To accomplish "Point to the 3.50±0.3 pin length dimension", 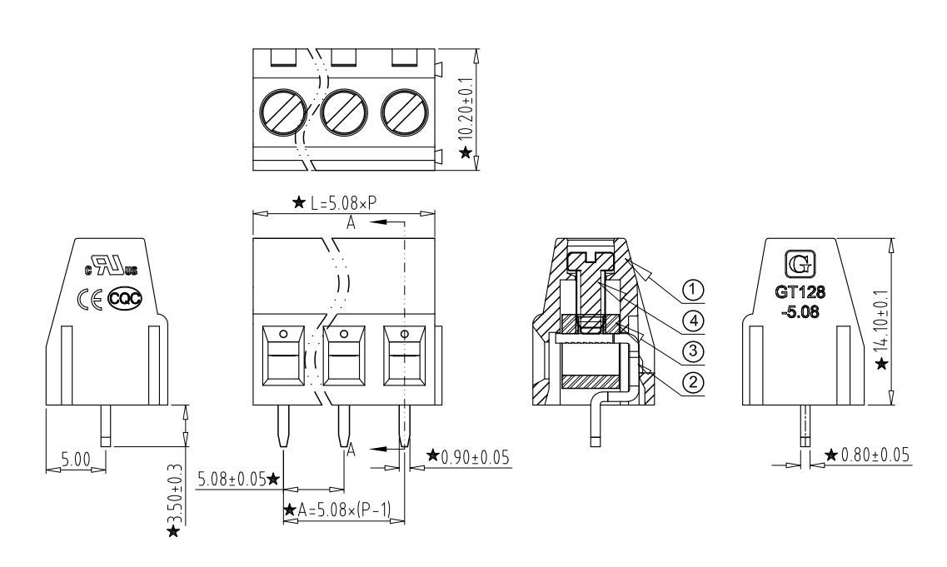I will coord(175,496).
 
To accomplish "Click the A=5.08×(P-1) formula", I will coord(341,510).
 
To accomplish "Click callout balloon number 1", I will coord(692,291).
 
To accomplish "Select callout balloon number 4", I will coord(692,321).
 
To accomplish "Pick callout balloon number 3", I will coord(692,351).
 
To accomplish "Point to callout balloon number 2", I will coord(692,382).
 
